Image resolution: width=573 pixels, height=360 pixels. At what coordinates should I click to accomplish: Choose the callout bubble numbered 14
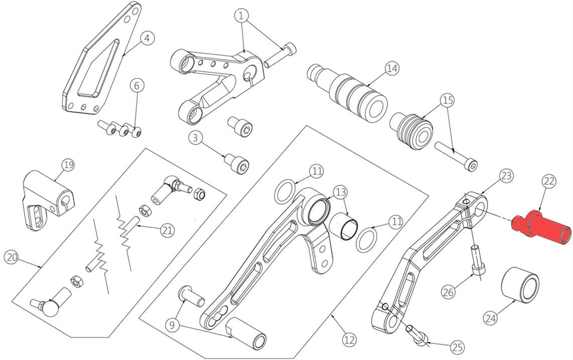(x=392, y=68)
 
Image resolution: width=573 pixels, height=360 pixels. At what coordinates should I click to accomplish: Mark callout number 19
(x=68, y=165)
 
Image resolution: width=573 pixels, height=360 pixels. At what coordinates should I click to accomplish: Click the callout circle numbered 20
(x=12, y=257)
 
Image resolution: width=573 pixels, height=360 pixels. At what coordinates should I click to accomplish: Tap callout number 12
(x=350, y=340)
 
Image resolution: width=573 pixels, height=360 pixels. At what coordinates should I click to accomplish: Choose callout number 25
(x=457, y=347)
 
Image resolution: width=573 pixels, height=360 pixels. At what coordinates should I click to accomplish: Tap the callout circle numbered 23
(x=506, y=176)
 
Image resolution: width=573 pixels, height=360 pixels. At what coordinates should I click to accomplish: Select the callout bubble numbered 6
(x=136, y=85)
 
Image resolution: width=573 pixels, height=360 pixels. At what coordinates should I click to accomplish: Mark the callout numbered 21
(x=167, y=230)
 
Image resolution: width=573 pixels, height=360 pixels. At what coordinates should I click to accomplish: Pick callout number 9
(x=172, y=325)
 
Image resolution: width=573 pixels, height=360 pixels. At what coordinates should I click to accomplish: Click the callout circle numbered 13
(x=340, y=192)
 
